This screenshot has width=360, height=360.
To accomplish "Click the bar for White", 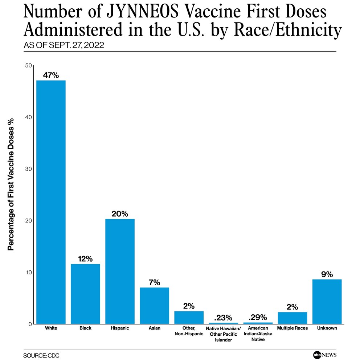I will pos(51,202).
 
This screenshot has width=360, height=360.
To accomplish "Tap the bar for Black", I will pos(85,294).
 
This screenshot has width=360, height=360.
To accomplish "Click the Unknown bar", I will pos(327,301).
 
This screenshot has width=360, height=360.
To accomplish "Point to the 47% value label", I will pos(51,75).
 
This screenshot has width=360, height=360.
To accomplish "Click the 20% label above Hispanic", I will pos(120,214).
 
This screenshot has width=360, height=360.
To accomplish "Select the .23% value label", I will pos(223,318).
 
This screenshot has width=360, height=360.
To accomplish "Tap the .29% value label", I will pos(258,317).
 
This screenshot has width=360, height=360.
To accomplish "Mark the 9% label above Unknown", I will pos(327,274).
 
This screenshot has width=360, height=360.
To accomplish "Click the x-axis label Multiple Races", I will pos(292,328).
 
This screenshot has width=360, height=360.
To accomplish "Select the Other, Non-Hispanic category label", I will pos(189,331).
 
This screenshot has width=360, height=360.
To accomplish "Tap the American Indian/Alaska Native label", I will pos(258,334).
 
